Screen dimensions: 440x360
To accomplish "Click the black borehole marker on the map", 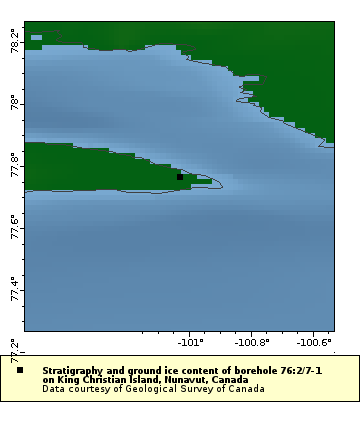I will pos(180,177).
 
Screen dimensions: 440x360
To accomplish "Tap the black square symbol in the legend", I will pos(20,370).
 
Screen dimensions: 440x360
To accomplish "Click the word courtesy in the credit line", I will pos(93,389).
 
